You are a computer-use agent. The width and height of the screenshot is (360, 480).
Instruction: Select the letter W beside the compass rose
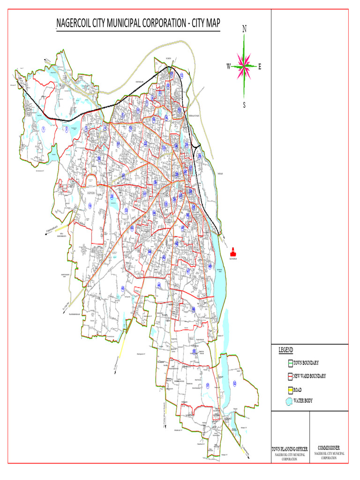click(229, 66)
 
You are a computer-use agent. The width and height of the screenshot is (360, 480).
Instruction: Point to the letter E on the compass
click(260, 67)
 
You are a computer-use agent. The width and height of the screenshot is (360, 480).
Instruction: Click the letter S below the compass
click(244, 105)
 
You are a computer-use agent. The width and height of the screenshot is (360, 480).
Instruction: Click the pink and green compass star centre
click(244, 66)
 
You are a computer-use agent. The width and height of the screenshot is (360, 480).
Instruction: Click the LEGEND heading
click(286, 350)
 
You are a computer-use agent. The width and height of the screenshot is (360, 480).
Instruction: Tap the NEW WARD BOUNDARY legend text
click(309, 376)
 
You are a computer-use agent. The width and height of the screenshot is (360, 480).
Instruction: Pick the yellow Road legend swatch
click(290, 390)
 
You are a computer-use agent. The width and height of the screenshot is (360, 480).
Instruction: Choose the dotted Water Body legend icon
click(289, 401)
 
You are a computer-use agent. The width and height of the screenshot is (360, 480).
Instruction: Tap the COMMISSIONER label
click(331, 449)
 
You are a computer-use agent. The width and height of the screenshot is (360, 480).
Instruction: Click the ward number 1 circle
click(43, 129)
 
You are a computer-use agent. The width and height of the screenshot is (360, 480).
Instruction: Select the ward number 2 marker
click(67, 129)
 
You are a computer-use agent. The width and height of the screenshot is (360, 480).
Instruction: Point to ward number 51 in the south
click(207, 385)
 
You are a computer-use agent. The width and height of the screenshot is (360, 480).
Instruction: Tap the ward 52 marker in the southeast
click(234, 383)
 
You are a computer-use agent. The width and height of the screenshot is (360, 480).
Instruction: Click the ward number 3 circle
click(86, 129)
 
